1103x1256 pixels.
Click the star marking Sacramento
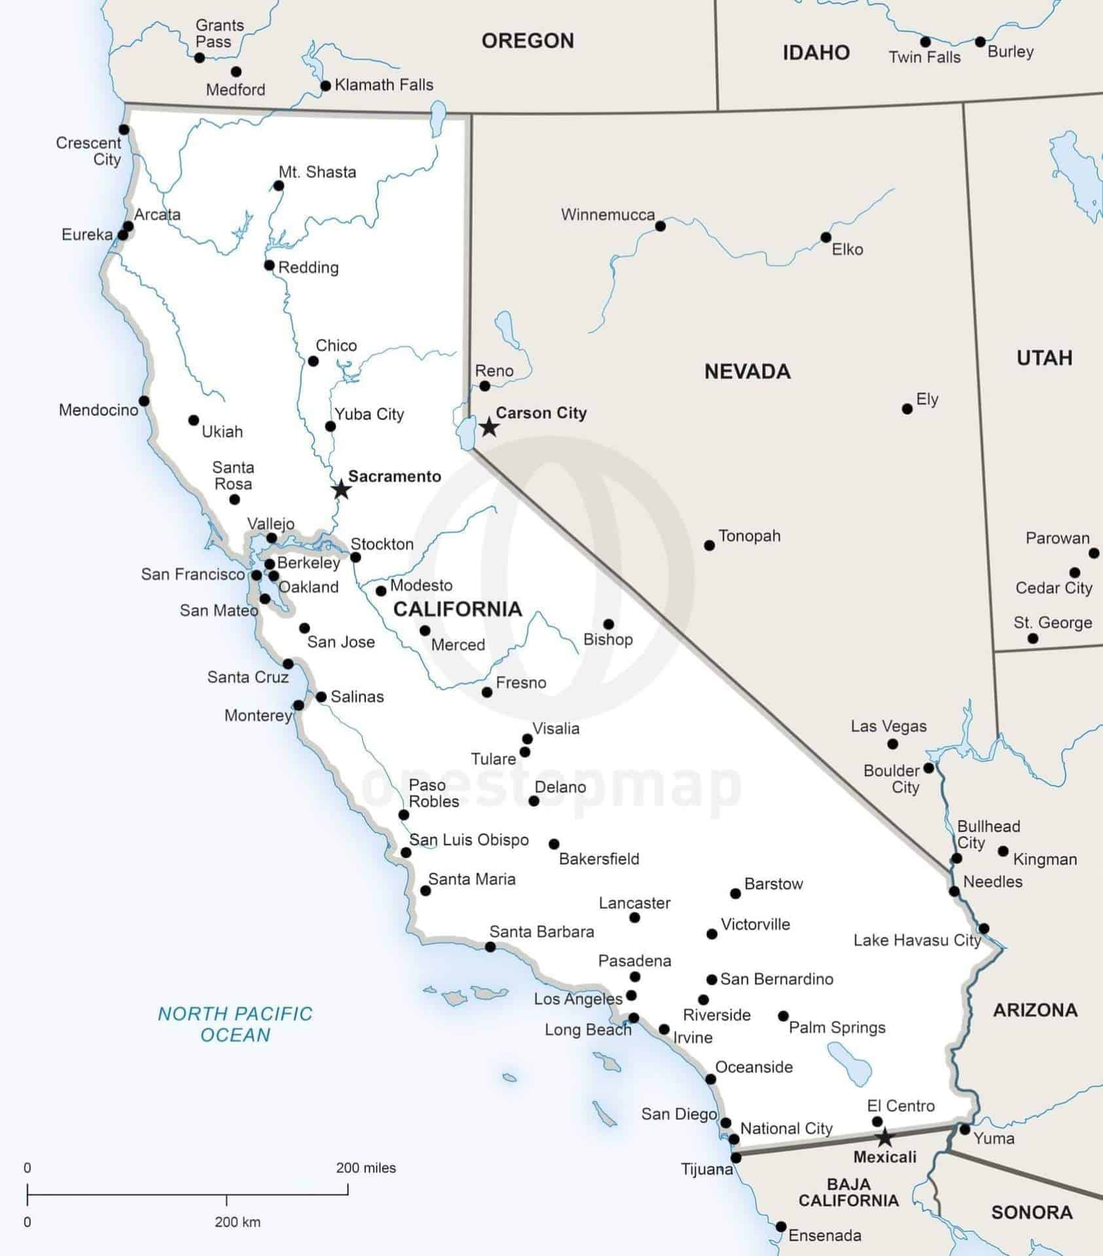[x=341, y=489]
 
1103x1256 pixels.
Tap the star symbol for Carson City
[x=489, y=427]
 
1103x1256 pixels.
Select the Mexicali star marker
[x=884, y=1138]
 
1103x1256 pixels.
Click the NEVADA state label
[x=747, y=372]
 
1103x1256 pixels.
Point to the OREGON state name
[x=528, y=41]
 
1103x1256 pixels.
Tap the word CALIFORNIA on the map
[x=458, y=609]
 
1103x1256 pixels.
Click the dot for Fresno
[x=487, y=692]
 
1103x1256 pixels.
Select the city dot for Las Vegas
[x=892, y=744]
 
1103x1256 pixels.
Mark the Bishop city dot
[x=608, y=624]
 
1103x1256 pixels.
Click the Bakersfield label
[x=599, y=859]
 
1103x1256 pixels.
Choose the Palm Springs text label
[x=837, y=1027]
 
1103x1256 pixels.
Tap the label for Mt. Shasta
[x=317, y=172]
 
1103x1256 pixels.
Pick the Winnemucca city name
[x=607, y=215]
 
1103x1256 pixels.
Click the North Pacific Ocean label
[x=235, y=1024]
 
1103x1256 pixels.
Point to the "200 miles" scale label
[x=366, y=1168]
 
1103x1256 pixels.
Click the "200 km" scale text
[x=237, y=1222]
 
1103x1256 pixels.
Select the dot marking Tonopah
[x=710, y=545]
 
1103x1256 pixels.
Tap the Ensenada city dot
[x=781, y=1227]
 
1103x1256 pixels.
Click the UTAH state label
[x=1044, y=358]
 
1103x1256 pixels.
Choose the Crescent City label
[x=89, y=151]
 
